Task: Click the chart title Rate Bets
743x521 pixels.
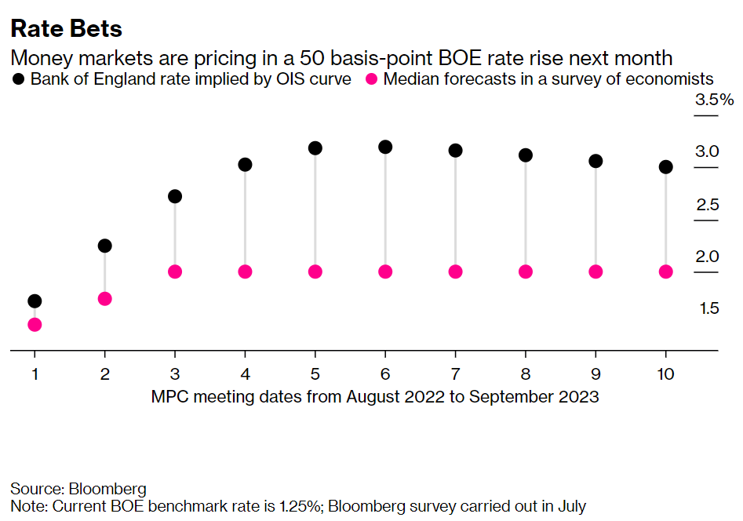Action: point(66,29)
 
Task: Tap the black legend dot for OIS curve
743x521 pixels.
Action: point(18,78)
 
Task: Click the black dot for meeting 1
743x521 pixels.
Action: point(35,301)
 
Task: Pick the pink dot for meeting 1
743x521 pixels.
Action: point(35,325)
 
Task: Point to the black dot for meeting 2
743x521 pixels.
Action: point(104,246)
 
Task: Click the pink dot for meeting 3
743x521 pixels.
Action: point(175,271)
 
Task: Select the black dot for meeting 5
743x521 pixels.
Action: point(315,148)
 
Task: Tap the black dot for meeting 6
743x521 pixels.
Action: point(385,147)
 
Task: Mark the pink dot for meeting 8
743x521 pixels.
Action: point(526,271)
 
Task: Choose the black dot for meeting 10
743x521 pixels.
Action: point(666,167)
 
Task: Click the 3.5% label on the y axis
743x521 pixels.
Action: point(713,100)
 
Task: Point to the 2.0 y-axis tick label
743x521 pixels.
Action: point(707,257)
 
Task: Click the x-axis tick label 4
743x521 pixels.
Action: point(245,374)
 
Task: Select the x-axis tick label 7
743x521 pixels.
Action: point(456,374)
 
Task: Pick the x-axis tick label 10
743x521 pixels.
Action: point(666,374)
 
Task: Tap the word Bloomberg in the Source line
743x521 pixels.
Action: point(107,489)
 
